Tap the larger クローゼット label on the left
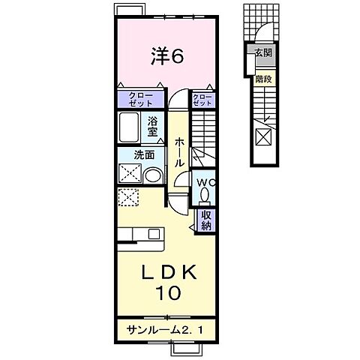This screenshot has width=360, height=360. pos(139,100)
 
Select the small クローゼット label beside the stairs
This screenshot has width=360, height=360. pos(202,99)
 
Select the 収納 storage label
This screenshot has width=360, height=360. pos(205,220)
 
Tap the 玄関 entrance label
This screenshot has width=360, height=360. pos(262,52)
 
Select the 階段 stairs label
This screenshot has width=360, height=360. pos(262,77)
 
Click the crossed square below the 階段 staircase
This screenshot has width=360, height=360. pos(263,137)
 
